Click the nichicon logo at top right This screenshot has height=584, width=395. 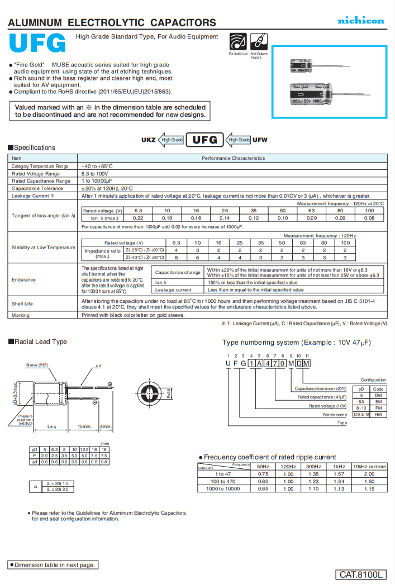click(360, 21)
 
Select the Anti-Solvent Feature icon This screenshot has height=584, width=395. click(258, 41)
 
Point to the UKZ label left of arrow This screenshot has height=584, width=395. click(149, 140)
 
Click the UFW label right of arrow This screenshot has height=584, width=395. click(260, 140)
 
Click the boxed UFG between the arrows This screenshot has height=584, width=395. click(204, 139)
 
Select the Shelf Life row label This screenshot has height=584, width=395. click(22, 303)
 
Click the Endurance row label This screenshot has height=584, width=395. click(23, 279)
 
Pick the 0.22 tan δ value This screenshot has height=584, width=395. click(138, 218)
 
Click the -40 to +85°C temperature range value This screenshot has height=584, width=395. click(97, 166)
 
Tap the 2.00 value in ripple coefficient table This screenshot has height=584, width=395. click(369, 473)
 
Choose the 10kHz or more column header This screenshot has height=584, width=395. click(369, 466)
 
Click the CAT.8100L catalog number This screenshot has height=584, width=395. click(361, 574)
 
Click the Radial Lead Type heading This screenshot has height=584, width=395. click(40, 341)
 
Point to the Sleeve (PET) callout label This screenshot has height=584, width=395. click(38, 365)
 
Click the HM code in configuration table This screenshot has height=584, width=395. click(378, 414)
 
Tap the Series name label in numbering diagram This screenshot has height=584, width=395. click(335, 415)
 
